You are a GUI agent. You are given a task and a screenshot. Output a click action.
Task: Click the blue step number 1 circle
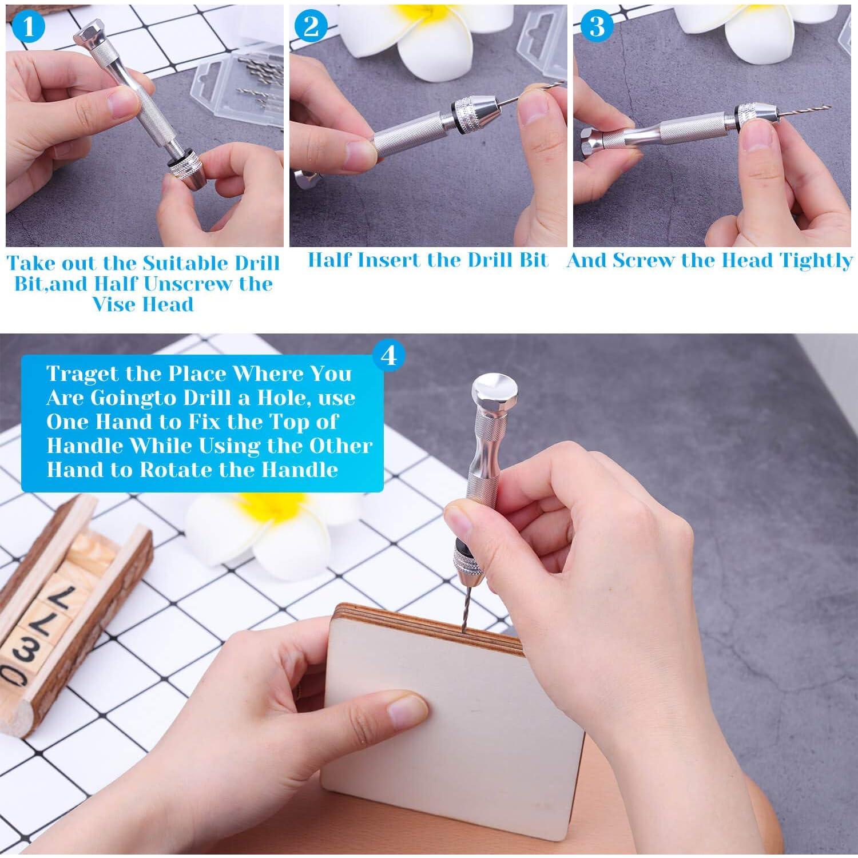[27, 27]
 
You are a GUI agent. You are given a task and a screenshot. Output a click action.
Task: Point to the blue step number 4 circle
[388, 356]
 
